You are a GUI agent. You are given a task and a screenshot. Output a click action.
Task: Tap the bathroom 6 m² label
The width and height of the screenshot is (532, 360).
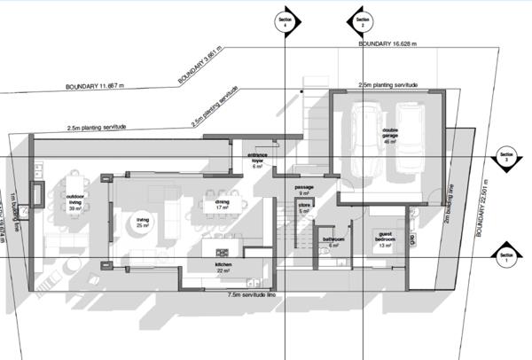click(x=333, y=241)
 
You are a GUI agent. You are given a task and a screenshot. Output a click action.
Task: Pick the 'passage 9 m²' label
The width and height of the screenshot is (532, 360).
click(x=304, y=190)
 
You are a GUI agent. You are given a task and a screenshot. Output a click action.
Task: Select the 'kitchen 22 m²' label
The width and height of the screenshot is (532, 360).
click(x=223, y=268)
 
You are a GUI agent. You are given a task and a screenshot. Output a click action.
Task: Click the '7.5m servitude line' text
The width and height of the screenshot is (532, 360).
click(x=256, y=293)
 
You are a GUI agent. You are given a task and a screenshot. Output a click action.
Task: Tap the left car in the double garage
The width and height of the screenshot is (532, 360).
click(x=364, y=137)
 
